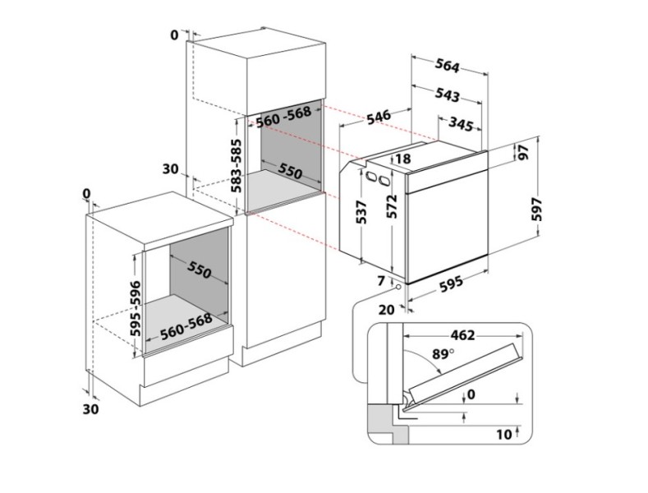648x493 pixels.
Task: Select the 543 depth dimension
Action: [x=447, y=95]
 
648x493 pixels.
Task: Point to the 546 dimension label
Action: [x=378, y=117]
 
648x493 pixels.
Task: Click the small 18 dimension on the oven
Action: [x=402, y=159]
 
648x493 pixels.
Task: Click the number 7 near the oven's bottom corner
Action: [x=380, y=281]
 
